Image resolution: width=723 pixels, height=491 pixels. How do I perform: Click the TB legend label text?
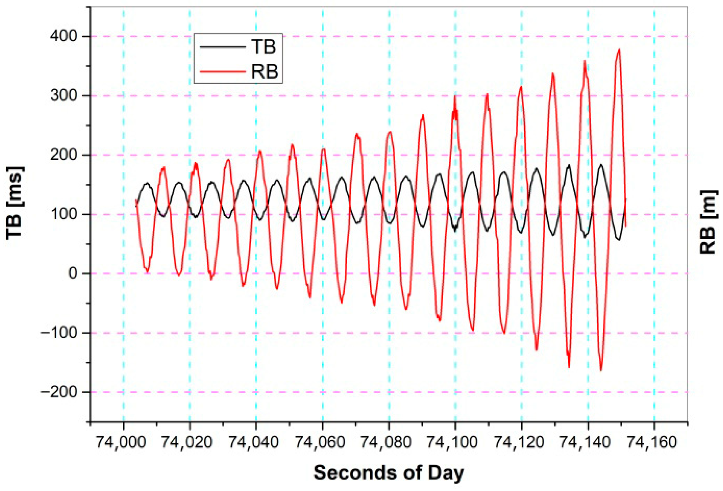point(263,47)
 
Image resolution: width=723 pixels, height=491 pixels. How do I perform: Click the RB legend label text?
point(265,71)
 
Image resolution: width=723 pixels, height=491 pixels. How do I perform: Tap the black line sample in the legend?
point(223,47)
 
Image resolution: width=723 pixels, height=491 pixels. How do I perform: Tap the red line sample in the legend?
point(223,71)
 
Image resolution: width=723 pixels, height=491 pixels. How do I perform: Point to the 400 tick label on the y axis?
point(63,36)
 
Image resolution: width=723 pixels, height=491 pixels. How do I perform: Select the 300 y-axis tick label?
point(63,96)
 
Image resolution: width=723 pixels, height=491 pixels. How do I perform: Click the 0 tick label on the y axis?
point(73,274)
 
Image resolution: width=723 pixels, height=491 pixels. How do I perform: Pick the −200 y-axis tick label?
point(58,392)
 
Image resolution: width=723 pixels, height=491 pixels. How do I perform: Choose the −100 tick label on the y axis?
point(58,333)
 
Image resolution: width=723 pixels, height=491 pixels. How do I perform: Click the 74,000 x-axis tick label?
point(120,442)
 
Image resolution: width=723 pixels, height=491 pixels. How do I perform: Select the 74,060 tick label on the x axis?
point(320,442)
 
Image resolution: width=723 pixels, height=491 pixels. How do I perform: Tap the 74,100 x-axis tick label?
point(452,442)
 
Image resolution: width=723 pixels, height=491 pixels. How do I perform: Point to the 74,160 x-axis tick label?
point(652,442)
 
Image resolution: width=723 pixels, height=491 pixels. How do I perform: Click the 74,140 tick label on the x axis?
point(585,442)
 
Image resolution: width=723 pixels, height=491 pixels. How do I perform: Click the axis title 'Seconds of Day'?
point(389,473)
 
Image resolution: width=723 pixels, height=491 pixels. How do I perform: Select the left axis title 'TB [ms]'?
point(15,203)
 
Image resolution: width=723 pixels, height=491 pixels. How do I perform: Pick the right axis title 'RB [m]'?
point(708,222)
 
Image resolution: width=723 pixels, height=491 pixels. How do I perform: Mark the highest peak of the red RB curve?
point(619,49)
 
